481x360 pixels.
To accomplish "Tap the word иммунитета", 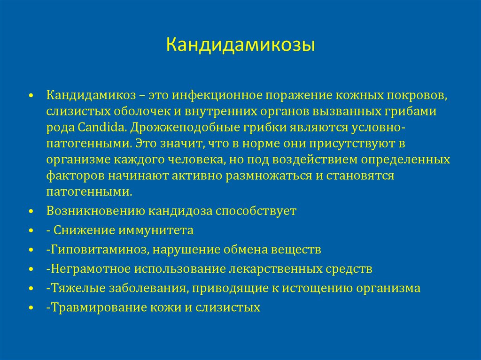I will (x=161, y=230).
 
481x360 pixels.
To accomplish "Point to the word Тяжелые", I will (x=71, y=288).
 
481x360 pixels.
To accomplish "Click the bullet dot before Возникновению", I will (x=31, y=212).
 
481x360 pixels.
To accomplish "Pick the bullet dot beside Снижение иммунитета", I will (x=31, y=232).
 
